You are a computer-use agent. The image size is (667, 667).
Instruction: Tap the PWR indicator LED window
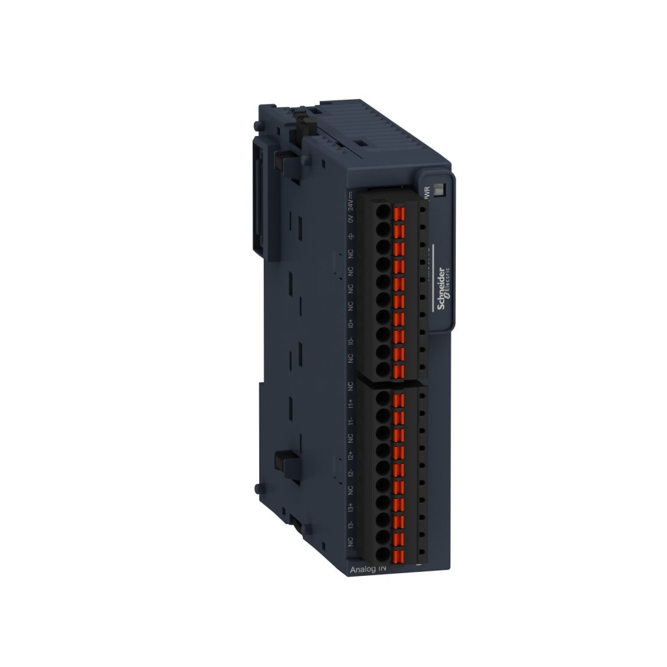coord(439,190)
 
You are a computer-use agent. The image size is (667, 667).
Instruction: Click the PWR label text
coord(427,194)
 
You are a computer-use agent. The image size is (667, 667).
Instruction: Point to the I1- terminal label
coord(350,421)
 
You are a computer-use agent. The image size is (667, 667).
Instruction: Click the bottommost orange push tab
coord(399,556)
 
